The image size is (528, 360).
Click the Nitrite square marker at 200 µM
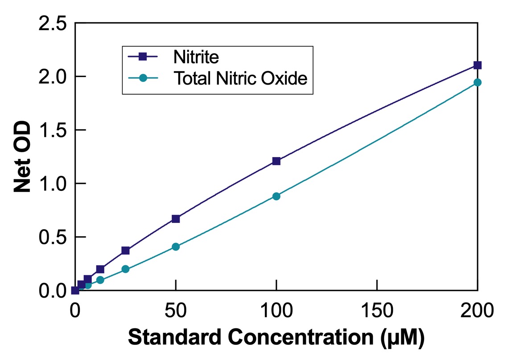(x=477, y=65)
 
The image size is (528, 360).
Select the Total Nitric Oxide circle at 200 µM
(x=477, y=82)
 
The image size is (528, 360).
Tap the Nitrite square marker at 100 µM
(x=276, y=161)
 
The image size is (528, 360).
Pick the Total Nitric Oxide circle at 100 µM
(x=276, y=196)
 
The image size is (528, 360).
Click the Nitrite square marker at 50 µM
(x=176, y=218)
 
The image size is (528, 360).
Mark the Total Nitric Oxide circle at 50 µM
(x=176, y=247)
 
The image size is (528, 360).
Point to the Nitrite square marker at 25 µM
(x=125, y=251)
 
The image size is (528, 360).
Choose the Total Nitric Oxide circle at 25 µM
(x=125, y=269)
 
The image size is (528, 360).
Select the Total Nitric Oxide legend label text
(x=240, y=78)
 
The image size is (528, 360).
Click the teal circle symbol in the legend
(x=143, y=78)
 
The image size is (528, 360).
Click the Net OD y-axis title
(x=22, y=157)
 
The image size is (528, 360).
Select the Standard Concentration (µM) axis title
(x=276, y=339)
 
